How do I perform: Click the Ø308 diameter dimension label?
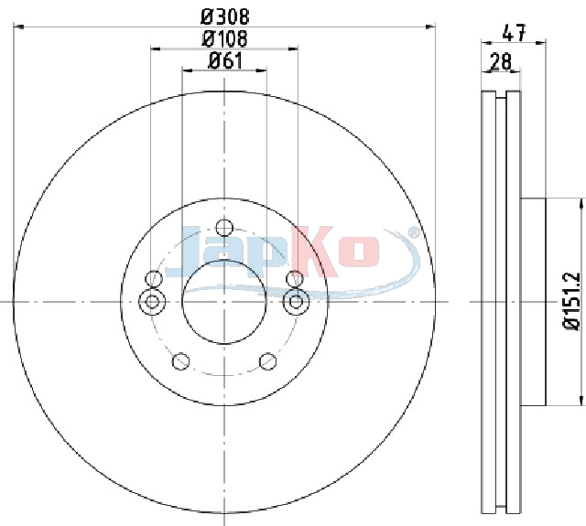[224, 16]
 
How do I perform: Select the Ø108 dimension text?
[224, 38]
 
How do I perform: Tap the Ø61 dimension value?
[225, 60]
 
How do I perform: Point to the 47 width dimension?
[515, 33]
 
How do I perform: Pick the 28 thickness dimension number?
[501, 61]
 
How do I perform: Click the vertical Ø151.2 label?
[571, 301]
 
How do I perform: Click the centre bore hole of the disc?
[223, 302]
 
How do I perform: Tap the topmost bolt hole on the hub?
[224, 228]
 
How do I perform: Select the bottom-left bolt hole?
[181, 361]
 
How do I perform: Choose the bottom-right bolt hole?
[268, 361]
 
